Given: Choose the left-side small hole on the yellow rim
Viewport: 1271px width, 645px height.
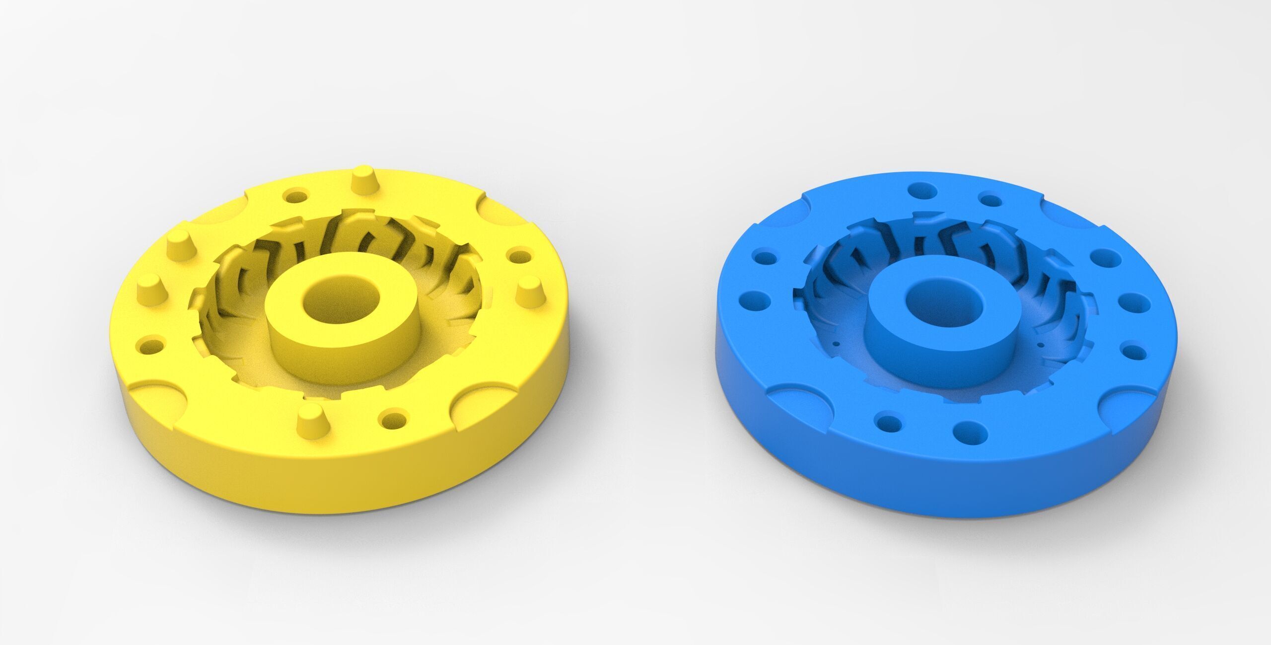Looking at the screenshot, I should (149, 345).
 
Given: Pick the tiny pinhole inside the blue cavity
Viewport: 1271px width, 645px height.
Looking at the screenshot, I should (836, 343).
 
